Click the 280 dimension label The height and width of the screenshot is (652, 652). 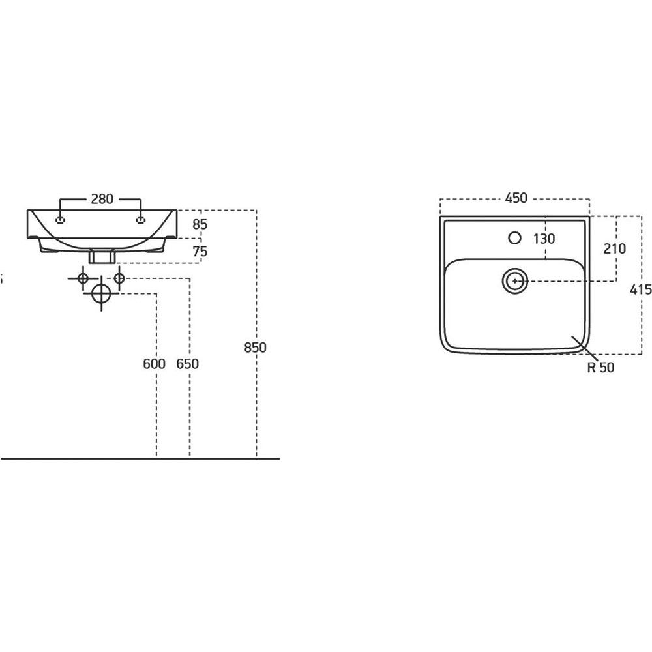tap(102, 199)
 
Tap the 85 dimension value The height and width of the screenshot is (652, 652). tap(200, 224)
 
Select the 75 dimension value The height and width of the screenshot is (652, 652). tap(200, 252)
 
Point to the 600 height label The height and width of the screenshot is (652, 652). tap(154, 364)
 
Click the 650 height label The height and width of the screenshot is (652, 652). tap(188, 364)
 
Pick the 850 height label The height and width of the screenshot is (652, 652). tap(255, 348)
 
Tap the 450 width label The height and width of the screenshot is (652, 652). tap(516, 198)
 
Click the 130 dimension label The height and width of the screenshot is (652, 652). tap(544, 239)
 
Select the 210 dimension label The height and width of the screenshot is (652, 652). tap(615, 248)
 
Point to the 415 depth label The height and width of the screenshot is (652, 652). tap(641, 289)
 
